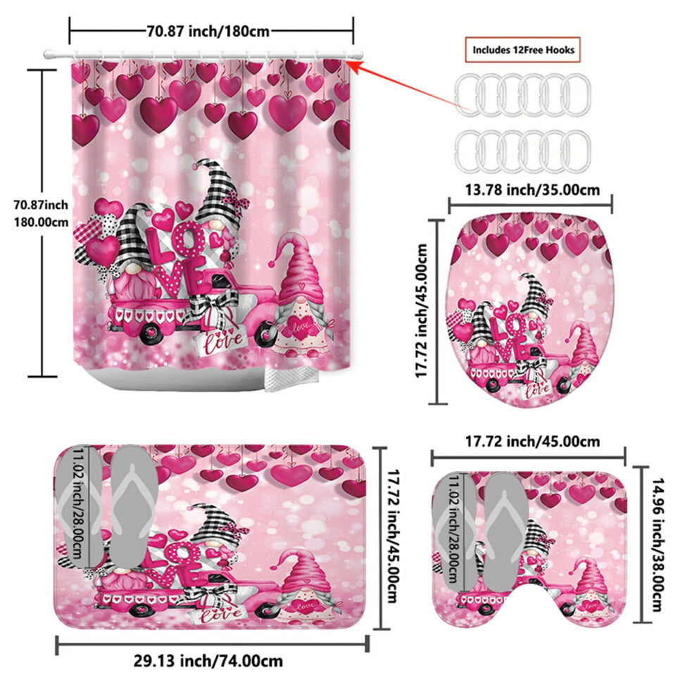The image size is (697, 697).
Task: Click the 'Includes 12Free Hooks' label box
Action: tap(522, 50)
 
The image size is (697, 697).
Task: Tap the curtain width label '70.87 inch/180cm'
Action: tap(208, 31)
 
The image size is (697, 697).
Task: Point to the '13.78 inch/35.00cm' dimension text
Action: tap(532, 190)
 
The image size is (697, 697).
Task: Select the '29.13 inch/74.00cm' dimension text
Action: tap(208, 660)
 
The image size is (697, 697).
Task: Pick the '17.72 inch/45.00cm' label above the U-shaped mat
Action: tap(532, 441)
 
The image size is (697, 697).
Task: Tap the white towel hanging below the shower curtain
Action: tap(291, 378)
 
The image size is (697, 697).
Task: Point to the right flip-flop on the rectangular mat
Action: tap(133, 507)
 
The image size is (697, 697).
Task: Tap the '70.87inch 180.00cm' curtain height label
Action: tap(41, 213)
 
